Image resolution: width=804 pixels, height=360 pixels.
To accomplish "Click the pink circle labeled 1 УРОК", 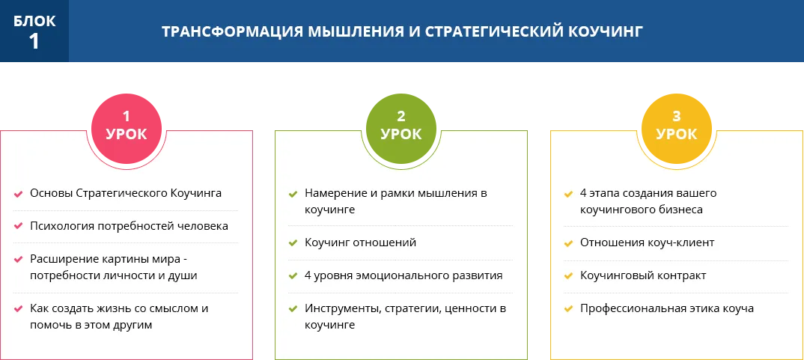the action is pos(126,128).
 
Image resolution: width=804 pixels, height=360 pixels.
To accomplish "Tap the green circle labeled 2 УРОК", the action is pos(401,128).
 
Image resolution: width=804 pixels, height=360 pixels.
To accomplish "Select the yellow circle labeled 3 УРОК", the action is pos(676,128).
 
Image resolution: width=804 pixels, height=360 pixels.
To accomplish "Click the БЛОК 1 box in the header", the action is pos(34,31).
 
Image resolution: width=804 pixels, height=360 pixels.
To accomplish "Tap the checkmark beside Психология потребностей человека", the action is pos(18,226).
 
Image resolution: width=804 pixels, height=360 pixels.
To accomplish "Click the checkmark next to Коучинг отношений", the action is pos(293,242).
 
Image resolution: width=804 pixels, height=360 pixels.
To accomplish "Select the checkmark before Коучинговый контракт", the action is pos(568,276).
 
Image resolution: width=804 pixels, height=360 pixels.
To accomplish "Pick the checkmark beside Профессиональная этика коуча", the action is pos(568,308).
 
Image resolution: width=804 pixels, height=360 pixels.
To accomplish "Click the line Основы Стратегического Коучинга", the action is pos(126,193).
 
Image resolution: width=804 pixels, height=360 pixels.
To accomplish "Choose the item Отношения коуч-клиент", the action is pos(647,242).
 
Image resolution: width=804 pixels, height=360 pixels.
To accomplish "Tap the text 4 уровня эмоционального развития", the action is pos(403,275).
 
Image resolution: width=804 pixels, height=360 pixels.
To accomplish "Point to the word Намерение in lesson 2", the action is pos(333,193).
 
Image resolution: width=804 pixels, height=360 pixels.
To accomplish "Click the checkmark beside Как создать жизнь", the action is pos(18,308).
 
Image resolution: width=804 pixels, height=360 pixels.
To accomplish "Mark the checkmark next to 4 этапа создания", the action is pos(568,194).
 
